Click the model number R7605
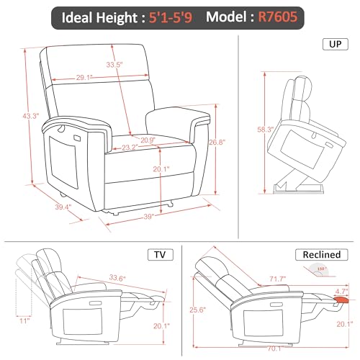(x=278, y=17)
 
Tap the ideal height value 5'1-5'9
(x=171, y=17)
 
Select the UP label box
(x=336, y=44)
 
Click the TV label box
(x=161, y=254)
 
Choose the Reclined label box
(x=322, y=255)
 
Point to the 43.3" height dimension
(x=31, y=116)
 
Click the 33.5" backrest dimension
(x=114, y=65)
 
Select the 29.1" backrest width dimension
(x=84, y=78)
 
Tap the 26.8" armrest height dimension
(x=217, y=143)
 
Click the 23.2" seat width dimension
(x=130, y=148)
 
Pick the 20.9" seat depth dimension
(x=148, y=140)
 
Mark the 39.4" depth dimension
(x=63, y=207)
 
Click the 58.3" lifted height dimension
(x=266, y=130)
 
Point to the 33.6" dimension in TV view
(x=117, y=278)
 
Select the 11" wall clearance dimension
(x=24, y=320)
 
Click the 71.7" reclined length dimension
(x=278, y=279)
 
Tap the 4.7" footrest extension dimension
(x=341, y=292)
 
